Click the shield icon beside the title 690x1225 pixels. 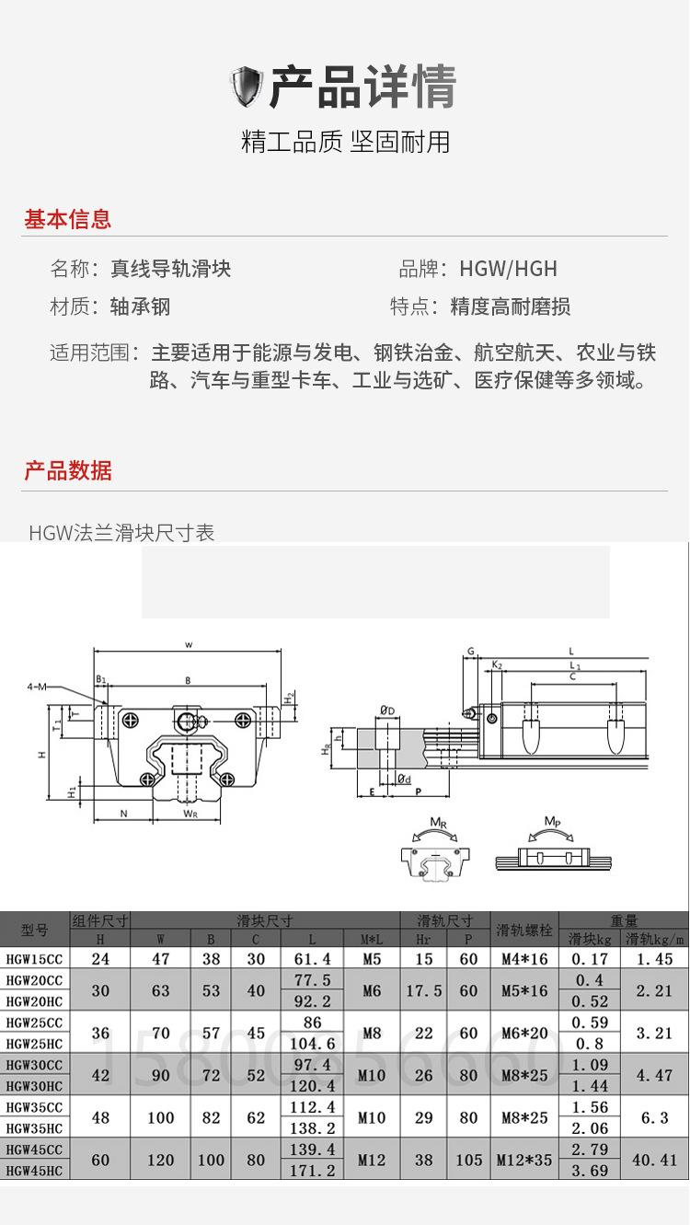pyautogui.click(x=246, y=87)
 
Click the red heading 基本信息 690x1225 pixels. pyautogui.click(x=67, y=219)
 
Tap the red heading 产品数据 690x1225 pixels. pyautogui.click(x=67, y=470)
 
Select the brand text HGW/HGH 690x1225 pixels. pyautogui.click(x=508, y=269)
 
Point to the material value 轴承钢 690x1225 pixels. pyautogui.click(x=140, y=306)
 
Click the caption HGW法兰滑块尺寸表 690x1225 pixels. pyautogui.click(x=121, y=533)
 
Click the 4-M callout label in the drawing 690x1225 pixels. pyautogui.click(x=38, y=687)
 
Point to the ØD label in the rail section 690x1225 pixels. pyautogui.click(x=386, y=711)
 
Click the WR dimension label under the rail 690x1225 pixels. pyautogui.click(x=190, y=813)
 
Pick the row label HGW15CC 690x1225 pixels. pyautogui.click(x=35, y=959)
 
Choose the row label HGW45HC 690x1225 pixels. pyautogui.click(x=35, y=1171)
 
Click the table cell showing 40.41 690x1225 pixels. pyautogui.click(x=654, y=1161)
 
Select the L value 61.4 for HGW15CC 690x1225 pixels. pyautogui.click(x=312, y=959)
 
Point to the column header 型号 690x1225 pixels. pyautogui.click(x=35, y=930)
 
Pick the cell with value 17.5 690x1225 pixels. pyautogui.click(x=423, y=990)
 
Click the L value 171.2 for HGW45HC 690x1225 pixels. pyautogui.click(x=312, y=1171)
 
